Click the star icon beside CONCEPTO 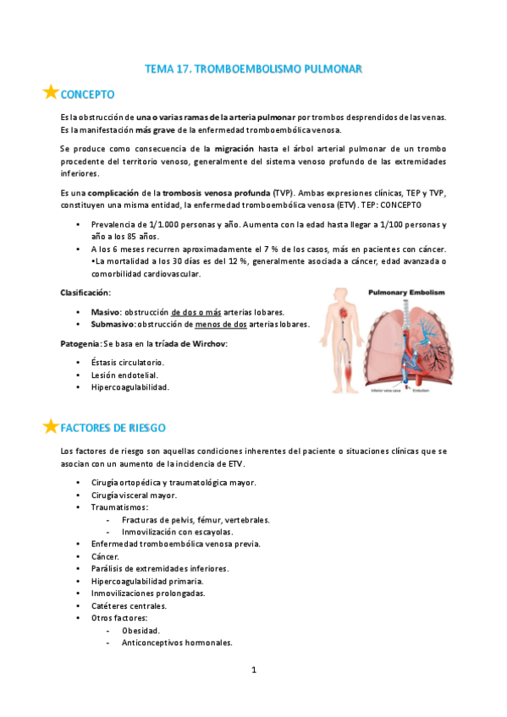coord(51,92)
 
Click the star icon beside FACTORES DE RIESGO coord(51,426)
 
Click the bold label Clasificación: coord(85,292)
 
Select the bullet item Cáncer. coord(105,556)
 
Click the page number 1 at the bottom coord(253,670)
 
